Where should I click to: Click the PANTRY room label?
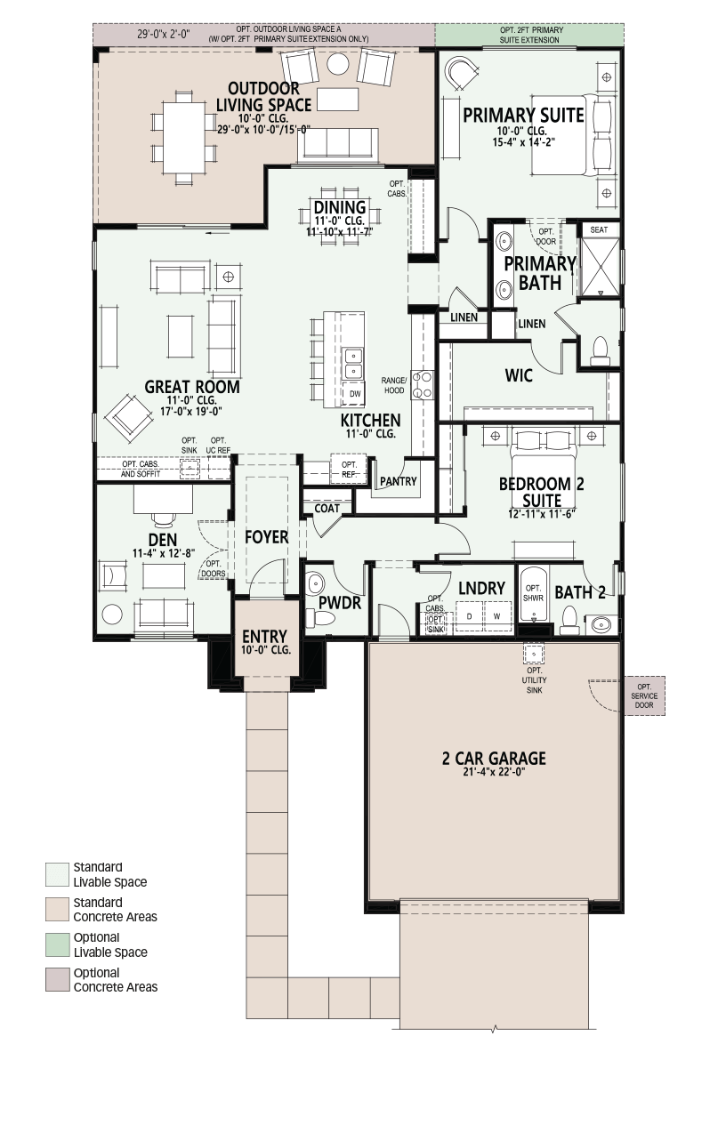point(399,481)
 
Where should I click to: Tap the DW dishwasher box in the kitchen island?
point(355,394)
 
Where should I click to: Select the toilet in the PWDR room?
point(320,618)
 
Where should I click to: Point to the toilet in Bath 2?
point(569,620)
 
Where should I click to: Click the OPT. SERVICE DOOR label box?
point(644,695)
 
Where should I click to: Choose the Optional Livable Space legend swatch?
point(57,944)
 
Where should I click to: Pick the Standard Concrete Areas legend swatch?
point(57,909)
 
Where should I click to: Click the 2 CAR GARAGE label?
point(494,759)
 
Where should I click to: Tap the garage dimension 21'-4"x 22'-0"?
point(494,772)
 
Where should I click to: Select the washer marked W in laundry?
point(496,616)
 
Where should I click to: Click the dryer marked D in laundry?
point(469,616)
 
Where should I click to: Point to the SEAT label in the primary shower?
point(599,229)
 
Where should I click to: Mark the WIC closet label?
point(519,376)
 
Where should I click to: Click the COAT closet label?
point(327,509)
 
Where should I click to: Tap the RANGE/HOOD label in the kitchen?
point(394,386)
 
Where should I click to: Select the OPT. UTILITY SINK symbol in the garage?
point(534,654)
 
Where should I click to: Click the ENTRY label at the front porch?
point(265,637)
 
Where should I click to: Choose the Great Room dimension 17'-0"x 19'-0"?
point(188,411)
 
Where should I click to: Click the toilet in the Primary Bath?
point(601,350)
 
